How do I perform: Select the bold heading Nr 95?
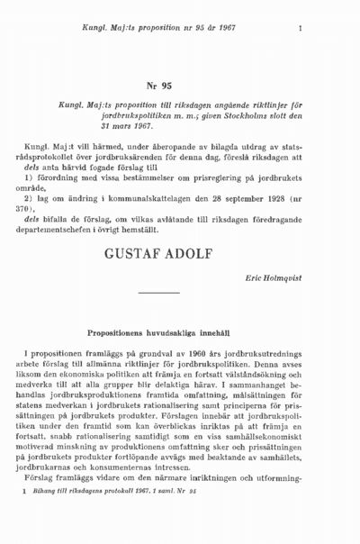click(159, 86)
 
